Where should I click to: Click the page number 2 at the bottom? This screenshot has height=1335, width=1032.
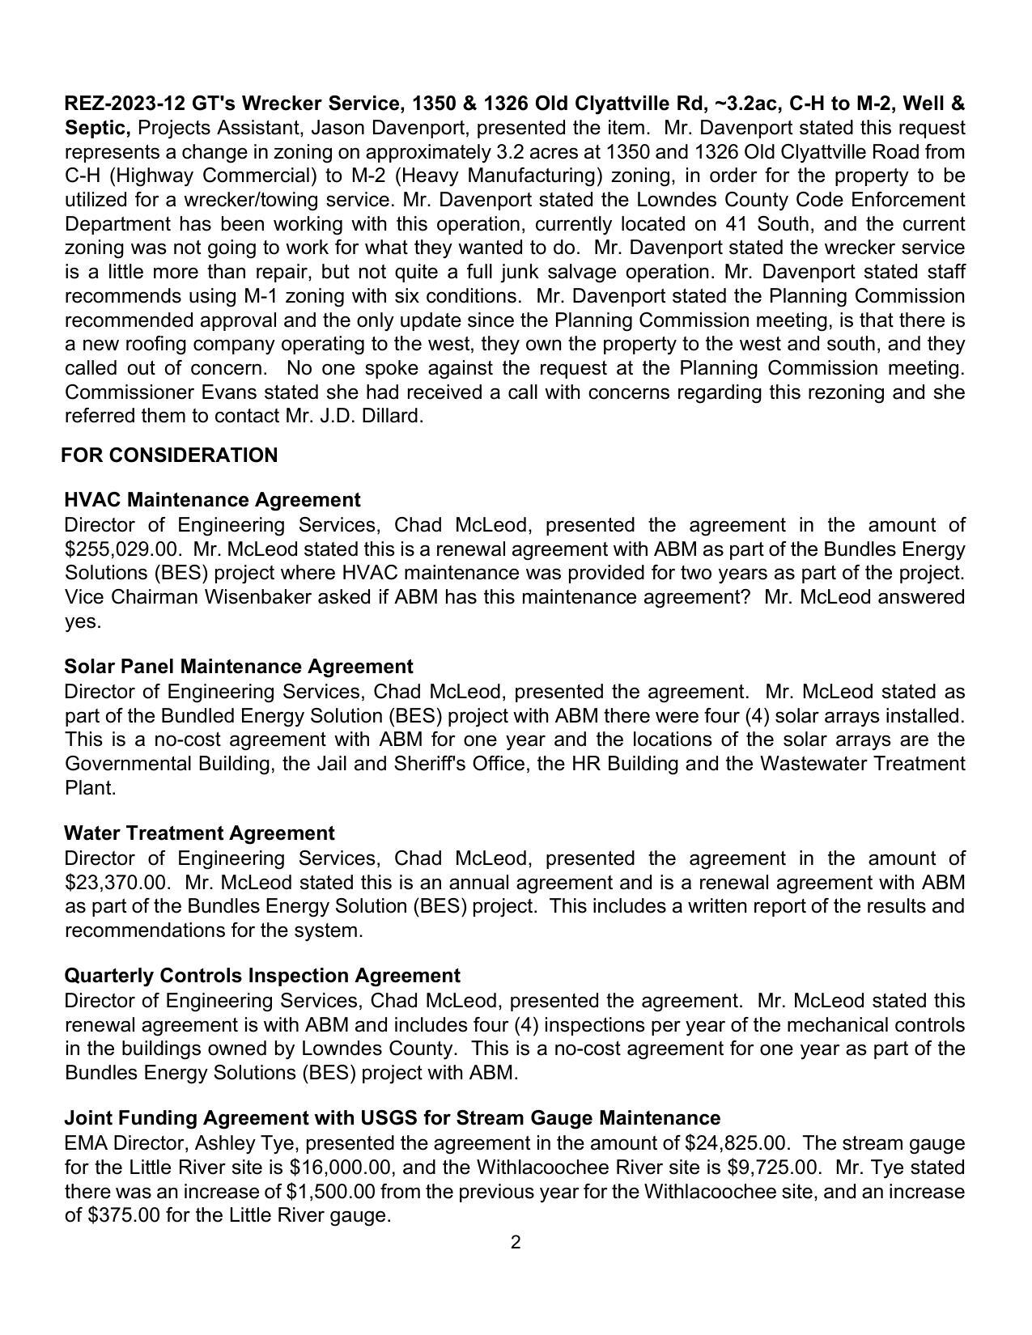coord(516,1242)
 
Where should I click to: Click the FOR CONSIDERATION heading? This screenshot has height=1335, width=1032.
coord(169,456)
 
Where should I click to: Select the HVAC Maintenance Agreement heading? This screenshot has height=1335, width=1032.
coord(212,500)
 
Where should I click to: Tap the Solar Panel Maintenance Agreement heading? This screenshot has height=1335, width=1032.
coord(238,667)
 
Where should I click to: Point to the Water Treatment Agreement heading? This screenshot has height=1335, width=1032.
coord(199,833)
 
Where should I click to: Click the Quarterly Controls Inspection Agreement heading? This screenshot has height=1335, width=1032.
coord(262,976)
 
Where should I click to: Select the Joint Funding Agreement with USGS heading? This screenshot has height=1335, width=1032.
coord(392,1118)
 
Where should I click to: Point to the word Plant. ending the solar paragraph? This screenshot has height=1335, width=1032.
coord(91,789)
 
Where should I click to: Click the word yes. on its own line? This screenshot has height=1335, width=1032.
coord(83,622)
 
